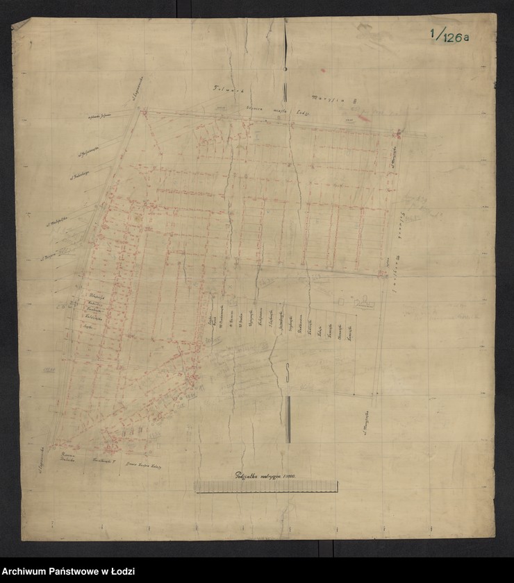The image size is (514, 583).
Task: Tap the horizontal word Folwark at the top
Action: (x=224, y=90)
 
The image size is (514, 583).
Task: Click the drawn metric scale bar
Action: (x=266, y=487)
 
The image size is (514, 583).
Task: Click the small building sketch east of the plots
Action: (x=363, y=302)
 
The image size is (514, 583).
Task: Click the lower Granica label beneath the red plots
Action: (x=139, y=463)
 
